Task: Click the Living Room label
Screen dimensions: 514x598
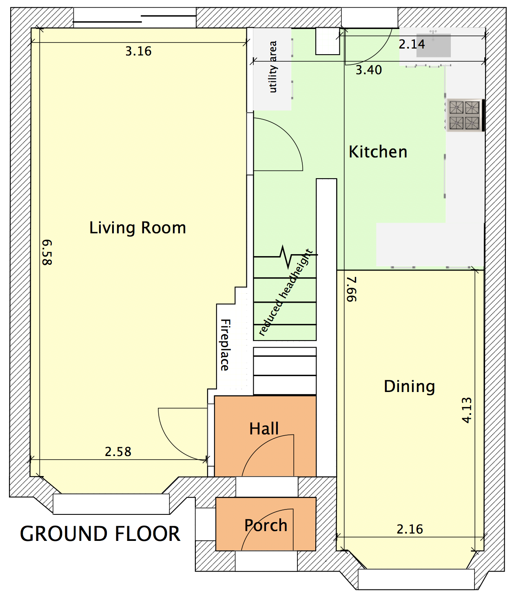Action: click(137, 228)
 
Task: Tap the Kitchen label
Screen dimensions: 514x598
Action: click(378, 152)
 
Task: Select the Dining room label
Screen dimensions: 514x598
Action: click(409, 387)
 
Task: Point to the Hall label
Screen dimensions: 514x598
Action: click(264, 429)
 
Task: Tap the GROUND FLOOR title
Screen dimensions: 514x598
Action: click(100, 534)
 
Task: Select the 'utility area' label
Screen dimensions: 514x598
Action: click(273, 67)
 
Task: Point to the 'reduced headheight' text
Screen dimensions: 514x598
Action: click(285, 292)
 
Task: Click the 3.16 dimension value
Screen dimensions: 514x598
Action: click(138, 51)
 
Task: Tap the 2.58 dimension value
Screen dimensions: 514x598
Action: click(118, 452)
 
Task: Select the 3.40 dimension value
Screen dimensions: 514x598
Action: click(368, 70)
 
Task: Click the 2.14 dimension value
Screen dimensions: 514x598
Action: click(412, 44)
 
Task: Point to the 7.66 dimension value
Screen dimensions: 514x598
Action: click(352, 289)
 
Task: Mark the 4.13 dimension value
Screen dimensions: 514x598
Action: click(467, 410)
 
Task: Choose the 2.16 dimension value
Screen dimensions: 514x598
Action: click(410, 529)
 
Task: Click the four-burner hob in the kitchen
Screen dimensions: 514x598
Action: click(465, 115)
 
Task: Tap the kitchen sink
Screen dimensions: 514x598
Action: click(433, 45)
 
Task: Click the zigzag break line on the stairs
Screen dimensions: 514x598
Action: click(286, 256)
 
